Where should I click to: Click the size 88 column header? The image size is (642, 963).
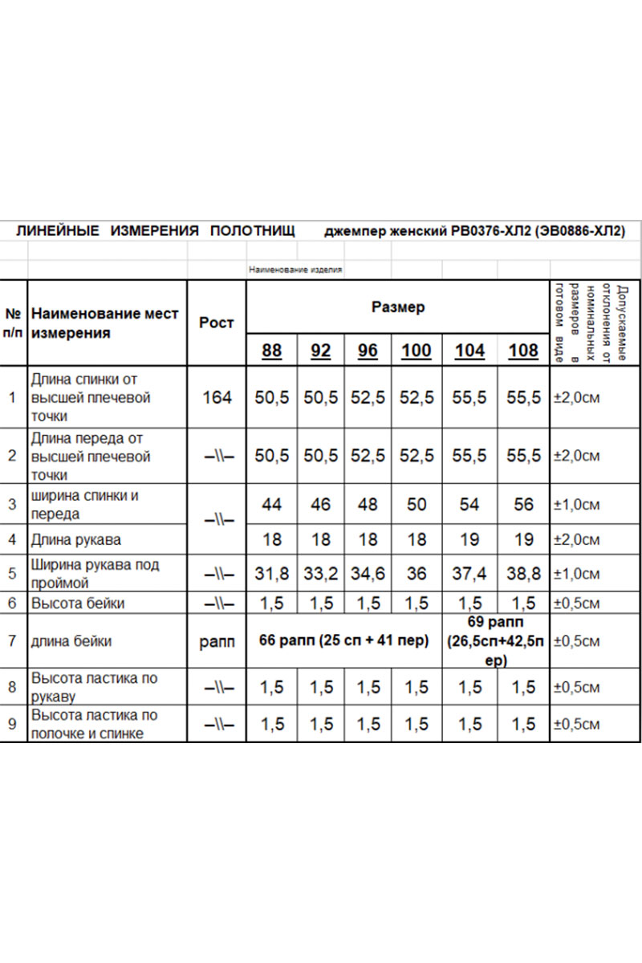272,351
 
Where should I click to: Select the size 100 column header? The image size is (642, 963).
416,351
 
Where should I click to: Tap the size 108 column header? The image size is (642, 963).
523,351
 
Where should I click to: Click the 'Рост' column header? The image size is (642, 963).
216,323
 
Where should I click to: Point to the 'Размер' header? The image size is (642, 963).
398,307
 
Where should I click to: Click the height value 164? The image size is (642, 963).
217,397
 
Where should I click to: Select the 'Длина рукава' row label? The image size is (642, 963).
75,539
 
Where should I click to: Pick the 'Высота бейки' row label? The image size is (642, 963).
77,603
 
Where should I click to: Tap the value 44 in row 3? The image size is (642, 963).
272,505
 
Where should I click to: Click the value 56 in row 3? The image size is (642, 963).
523,505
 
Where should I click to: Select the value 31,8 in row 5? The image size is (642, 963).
272,574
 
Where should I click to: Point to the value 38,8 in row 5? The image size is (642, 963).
523,574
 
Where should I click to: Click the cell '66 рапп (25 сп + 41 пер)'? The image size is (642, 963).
343,640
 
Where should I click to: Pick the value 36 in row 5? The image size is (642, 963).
416,574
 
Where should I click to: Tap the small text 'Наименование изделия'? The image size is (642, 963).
295,270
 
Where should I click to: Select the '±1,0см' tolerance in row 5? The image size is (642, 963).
576,574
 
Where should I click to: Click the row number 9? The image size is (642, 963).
12,724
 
